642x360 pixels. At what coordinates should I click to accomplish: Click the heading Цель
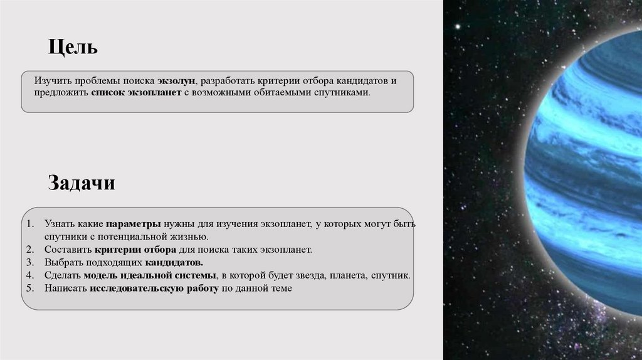(73, 48)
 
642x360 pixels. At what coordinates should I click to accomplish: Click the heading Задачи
(82, 184)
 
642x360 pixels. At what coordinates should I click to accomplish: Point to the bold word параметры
(134, 224)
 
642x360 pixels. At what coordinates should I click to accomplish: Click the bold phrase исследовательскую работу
(154, 289)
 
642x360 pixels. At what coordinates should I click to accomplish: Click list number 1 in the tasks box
(30, 224)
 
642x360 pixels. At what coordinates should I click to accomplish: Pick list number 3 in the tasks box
(30, 262)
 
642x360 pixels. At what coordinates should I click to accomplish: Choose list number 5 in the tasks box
(30, 289)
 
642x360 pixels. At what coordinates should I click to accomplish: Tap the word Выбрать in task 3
(61, 262)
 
